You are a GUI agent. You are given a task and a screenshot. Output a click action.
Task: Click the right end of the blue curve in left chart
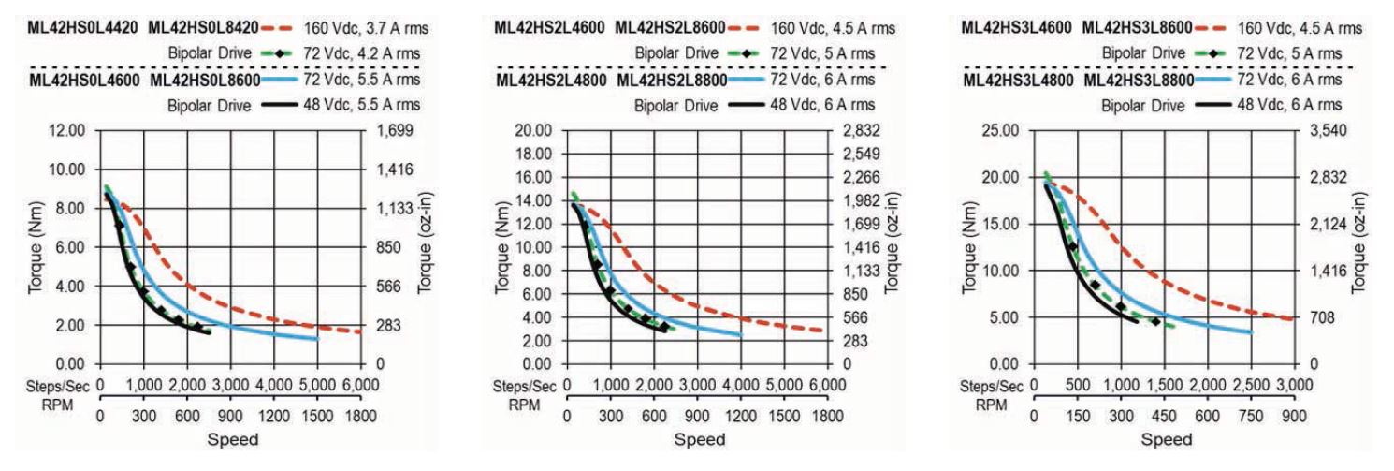317,338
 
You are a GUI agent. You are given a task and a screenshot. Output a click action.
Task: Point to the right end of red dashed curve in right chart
1292,319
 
